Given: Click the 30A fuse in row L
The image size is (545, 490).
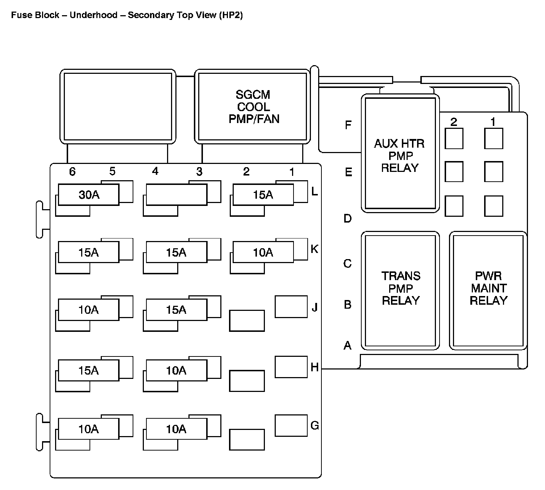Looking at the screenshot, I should [89, 195].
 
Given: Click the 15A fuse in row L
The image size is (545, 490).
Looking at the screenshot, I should [263, 195].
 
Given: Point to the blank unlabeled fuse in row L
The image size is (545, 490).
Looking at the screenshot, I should [176, 195].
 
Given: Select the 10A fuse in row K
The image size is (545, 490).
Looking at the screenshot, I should [263, 252].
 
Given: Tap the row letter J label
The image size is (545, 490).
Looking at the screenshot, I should [315, 308].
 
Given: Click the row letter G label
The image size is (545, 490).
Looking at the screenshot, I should [315, 426].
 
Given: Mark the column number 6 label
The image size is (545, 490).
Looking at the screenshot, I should [72, 172].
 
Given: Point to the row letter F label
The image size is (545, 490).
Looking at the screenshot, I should [348, 125].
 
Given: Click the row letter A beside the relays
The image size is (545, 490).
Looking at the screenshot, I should [348, 346].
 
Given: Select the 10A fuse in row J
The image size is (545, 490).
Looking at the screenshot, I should [89, 310].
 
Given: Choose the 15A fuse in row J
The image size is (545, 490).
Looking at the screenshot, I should [176, 310].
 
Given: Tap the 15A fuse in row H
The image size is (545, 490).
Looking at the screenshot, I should [89, 371].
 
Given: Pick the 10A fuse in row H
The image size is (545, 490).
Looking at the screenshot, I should [176, 371].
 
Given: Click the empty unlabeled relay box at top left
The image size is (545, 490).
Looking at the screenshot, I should [118, 107].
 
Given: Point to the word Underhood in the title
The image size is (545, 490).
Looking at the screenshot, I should [93, 15].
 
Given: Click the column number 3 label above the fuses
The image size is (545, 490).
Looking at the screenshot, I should [199, 172].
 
